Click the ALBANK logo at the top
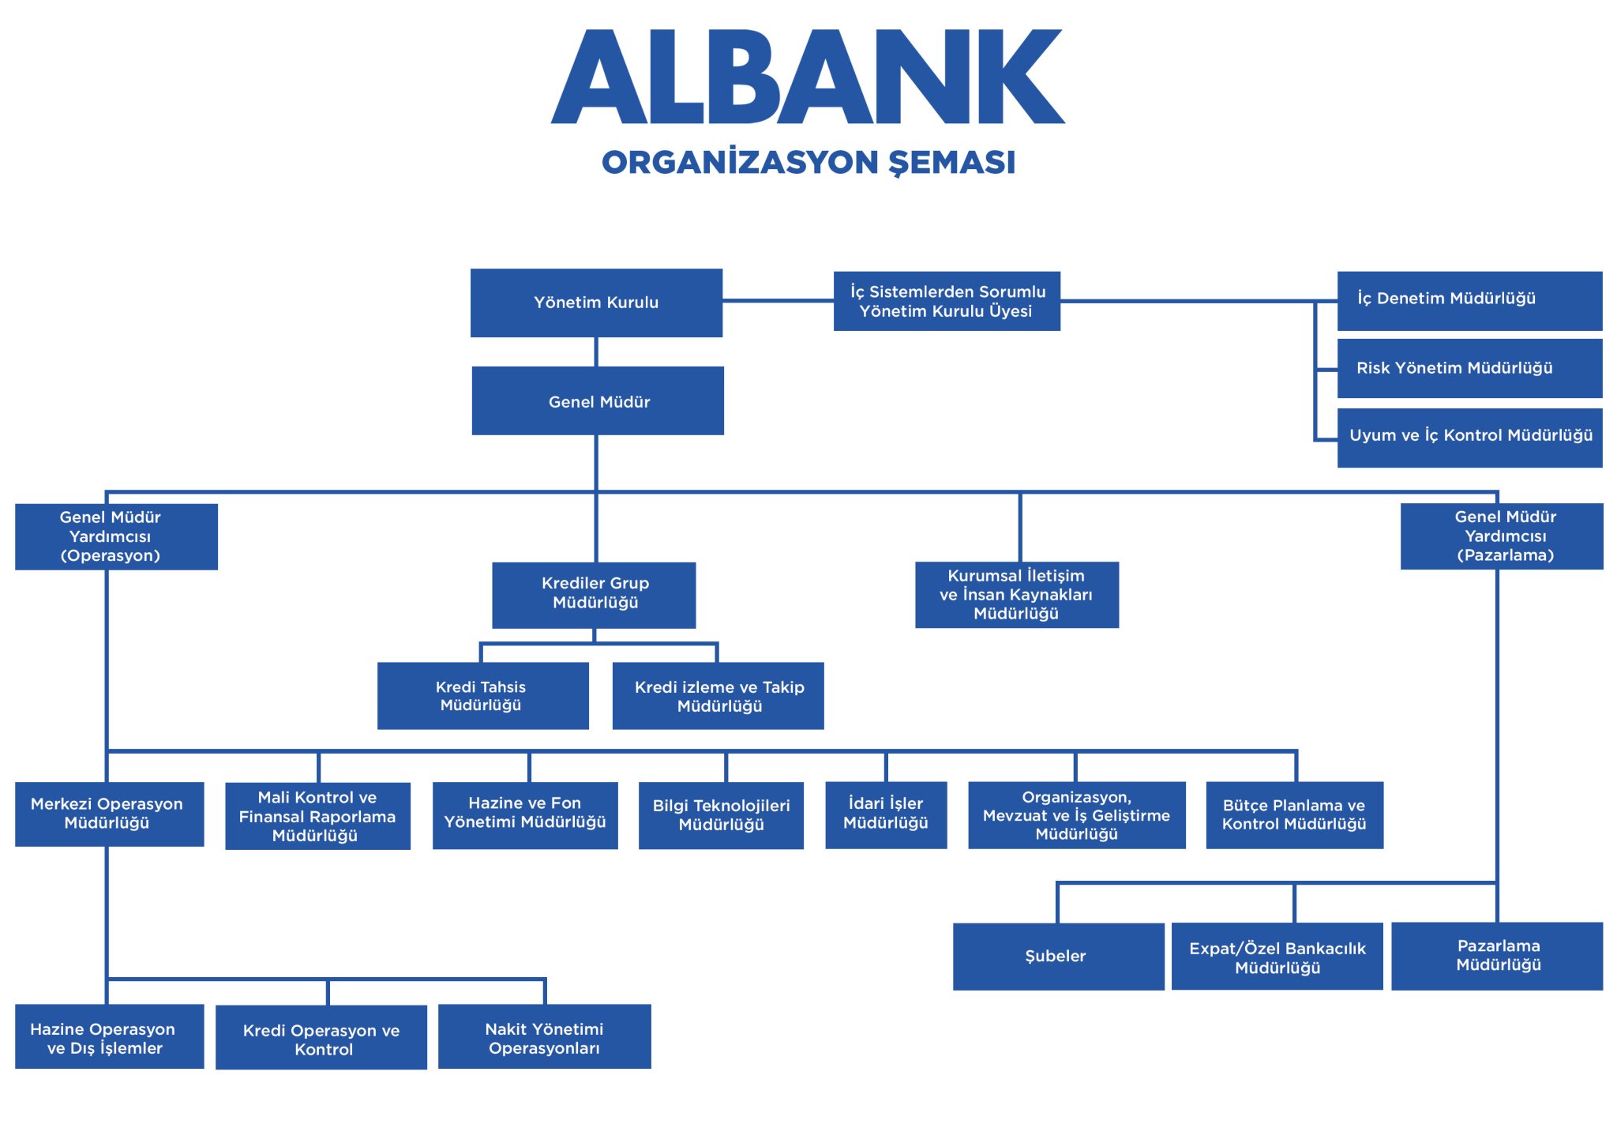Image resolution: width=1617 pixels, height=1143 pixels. pos(808,77)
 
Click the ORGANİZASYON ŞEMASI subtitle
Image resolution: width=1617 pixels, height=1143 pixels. pos(808,162)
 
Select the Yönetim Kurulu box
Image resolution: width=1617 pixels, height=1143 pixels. pos(596,303)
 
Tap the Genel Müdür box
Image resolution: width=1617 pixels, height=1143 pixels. pos(598,400)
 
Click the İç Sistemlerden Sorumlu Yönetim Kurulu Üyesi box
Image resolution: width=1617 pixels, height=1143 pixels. pos(947,301)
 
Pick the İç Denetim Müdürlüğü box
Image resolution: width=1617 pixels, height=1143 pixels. pos(1469,300)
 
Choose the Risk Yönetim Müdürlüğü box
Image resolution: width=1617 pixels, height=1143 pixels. pos(1469,368)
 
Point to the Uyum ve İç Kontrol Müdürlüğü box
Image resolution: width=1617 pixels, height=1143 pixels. pos(1469,437)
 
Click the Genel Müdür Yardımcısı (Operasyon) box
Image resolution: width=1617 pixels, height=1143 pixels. pos(116,536)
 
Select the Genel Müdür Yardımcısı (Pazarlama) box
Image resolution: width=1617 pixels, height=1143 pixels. pos(1502,536)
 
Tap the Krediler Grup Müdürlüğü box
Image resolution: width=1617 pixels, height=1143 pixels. pos(594,595)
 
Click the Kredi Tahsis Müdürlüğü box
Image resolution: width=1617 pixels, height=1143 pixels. pos(482,695)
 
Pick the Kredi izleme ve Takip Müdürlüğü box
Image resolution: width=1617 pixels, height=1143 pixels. pos(718,695)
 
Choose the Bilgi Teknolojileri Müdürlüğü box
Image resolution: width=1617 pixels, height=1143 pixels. pos(721,815)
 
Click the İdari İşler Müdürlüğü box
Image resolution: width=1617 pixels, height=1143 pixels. pos(886,814)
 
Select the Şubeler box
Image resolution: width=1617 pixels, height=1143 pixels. pos(1058,956)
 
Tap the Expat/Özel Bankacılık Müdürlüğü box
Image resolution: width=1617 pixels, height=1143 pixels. pos(1277,956)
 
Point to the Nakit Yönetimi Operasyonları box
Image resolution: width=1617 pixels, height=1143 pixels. pos(544,1036)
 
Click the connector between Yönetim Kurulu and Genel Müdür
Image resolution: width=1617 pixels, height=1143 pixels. pos(596,352)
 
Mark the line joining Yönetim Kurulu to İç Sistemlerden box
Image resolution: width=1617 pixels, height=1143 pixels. pos(778,300)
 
